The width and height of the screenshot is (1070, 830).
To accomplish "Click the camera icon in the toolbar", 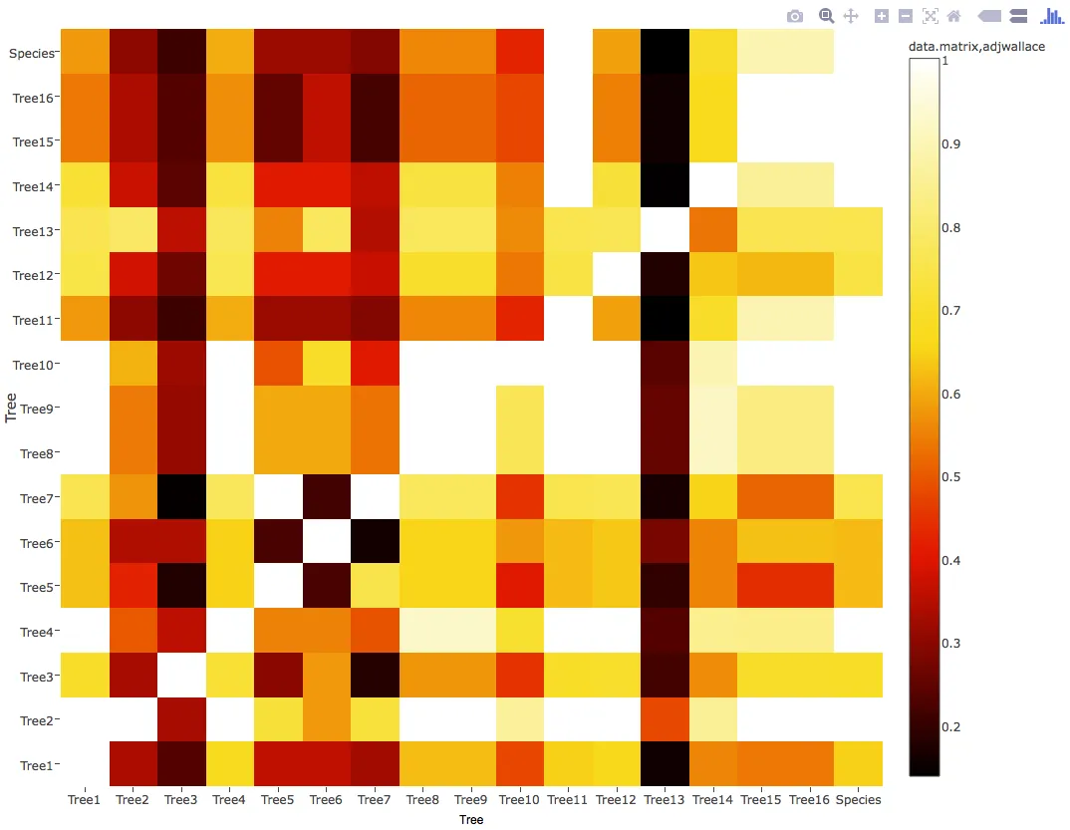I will tap(794, 16).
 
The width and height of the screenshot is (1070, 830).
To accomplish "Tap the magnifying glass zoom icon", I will tap(826, 16).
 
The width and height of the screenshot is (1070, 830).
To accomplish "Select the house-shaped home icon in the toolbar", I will tap(954, 16).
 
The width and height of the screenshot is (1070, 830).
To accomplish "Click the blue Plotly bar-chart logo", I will tap(1052, 16).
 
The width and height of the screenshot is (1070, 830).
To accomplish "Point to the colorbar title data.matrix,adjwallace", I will tap(975, 47).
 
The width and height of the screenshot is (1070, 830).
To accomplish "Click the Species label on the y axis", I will tap(31, 53).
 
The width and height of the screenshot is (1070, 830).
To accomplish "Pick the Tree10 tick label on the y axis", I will tap(35, 365).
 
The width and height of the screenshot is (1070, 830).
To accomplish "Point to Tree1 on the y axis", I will tap(37, 765).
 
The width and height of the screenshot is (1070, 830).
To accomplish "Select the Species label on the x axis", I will tap(858, 799).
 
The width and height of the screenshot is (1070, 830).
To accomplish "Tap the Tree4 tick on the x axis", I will tap(229, 799).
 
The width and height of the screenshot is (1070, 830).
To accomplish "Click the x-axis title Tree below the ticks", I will tap(471, 820).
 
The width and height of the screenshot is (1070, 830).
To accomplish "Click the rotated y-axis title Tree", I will tap(13, 409).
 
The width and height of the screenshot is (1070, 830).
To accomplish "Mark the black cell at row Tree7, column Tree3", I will tap(181, 497).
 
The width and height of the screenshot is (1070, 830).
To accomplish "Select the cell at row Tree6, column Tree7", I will tap(375, 542).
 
